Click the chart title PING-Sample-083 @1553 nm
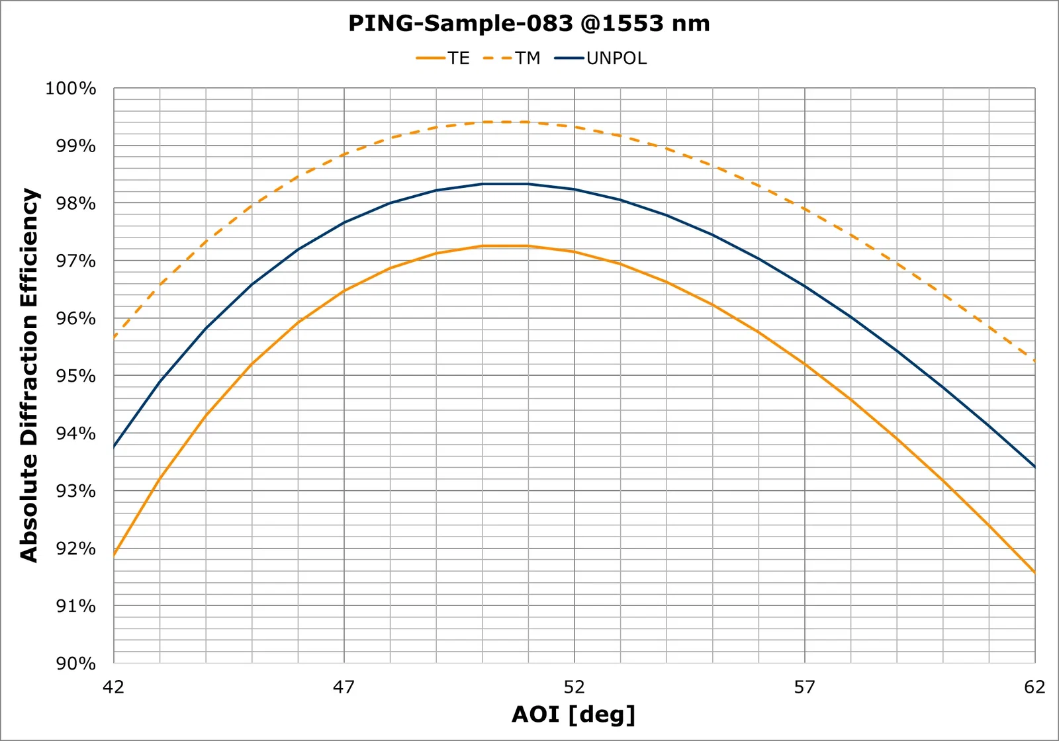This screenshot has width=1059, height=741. pyautogui.click(x=529, y=23)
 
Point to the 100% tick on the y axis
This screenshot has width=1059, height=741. pyautogui.click(x=71, y=88)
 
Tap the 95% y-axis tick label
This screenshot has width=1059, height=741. pyautogui.click(x=75, y=376)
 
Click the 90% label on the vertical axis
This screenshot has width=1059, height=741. pyautogui.click(x=75, y=663)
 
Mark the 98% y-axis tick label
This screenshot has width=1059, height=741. pyautogui.click(x=75, y=203)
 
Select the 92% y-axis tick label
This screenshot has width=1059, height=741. pyautogui.click(x=75, y=548)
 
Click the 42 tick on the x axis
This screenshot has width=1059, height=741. pyautogui.click(x=114, y=687)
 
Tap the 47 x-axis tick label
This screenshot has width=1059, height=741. pyautogui.click(x=344, y=687)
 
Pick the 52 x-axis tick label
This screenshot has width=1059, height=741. pyautogui.click(x=575, y=687)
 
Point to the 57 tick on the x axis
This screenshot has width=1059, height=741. pyautogui.click(x=805, y=687)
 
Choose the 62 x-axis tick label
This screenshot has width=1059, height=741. pyautogui.click(x=1035, y=687)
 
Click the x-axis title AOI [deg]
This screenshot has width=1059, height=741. pyautogui.click(x=574, y=714)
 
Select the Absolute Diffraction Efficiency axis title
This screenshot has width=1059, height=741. pyautogui.click(x=29, y=375)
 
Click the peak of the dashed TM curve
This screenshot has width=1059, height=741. pyautogui.click(x=506, y=122)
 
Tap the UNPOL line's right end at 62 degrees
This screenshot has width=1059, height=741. pyautogui.click(x=1035, y=466)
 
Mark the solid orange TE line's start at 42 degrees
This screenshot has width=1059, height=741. pyautogui.click(x=114, y=556)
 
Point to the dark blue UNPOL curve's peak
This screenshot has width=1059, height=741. pyautogui.click(x=506, y=184)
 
